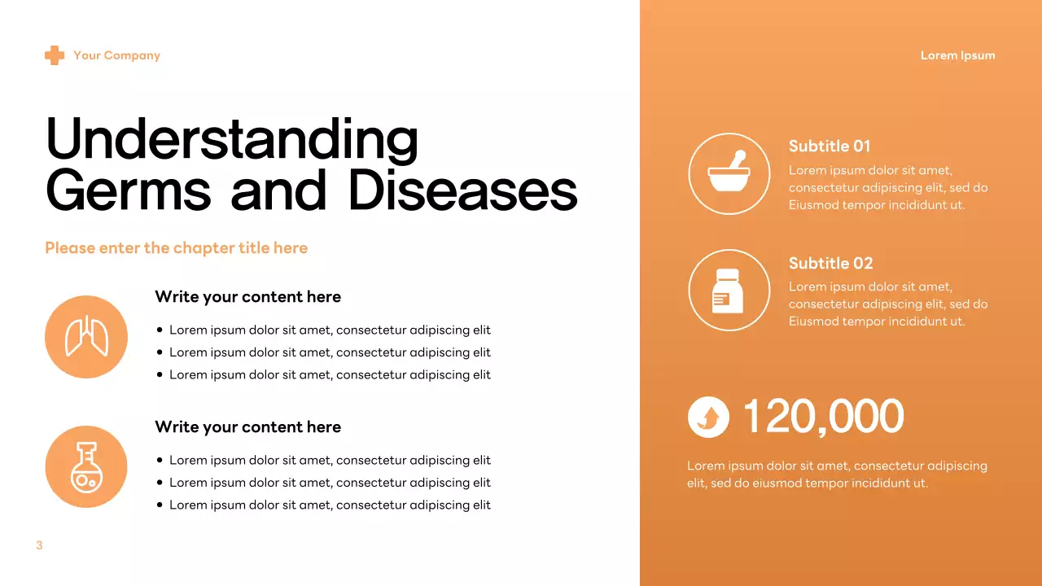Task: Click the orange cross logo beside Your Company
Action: pos(55,55)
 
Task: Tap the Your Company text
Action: pos(116,55)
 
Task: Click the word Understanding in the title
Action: pos(232,139)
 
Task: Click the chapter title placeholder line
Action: pos(176,248)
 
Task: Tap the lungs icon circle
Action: pos(86,337)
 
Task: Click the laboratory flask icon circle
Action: pos(86,467)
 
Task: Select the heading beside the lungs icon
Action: pos(247,297)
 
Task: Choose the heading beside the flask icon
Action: pos(247,427)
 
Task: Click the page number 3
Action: pos(39,545)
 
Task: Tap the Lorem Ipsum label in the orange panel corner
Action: pos(957,55)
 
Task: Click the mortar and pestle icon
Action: pos(729,173)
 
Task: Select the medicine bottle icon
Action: pos(729,290)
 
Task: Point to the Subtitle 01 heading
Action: pos(829,146)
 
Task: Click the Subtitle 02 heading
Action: pos(830,264)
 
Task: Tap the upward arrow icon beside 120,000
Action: pos(708,418)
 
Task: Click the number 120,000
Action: pos(823,417)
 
